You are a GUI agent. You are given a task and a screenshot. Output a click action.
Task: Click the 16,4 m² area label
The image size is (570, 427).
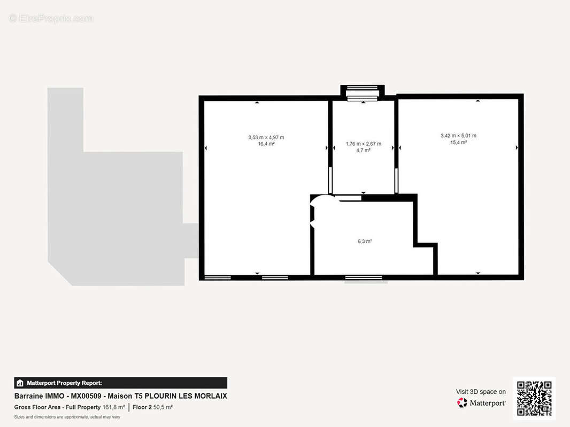tap(266, 144)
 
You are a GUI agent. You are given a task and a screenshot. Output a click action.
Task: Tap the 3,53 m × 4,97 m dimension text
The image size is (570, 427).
tap(266, 138)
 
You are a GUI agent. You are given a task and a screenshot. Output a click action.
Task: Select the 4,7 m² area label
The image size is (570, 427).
tap(363, 150)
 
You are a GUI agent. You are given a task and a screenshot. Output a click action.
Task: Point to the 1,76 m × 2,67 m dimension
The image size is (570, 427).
tap(364, 144)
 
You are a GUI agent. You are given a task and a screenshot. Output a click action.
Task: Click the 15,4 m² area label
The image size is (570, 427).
tap(458, 142)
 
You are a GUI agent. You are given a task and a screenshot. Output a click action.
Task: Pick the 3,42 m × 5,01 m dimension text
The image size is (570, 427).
tap(458, 136)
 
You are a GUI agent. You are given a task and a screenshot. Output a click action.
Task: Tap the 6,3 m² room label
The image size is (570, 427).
tap(365, 241)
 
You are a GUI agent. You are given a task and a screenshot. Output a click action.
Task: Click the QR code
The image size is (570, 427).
tap(534, 398)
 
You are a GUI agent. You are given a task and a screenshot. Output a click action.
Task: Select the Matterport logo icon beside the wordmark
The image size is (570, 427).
tap(461, 402)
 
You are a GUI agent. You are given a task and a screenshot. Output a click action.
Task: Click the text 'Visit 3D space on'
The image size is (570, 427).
tap(481, 392)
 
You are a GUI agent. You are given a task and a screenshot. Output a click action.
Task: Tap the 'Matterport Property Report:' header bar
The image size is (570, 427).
tap(121, 383)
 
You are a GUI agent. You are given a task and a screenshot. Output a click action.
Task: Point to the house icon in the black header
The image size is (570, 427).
tap(20, 383)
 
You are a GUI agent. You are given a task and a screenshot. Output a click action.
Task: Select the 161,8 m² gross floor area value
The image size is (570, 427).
tap(114, 407)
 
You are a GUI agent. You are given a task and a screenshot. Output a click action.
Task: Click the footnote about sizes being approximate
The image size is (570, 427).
tap(67, 417)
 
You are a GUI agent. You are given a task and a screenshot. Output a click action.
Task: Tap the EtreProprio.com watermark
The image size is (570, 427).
tap(51, 18)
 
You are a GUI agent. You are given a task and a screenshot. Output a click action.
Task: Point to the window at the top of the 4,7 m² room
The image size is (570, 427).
tap(363, 93)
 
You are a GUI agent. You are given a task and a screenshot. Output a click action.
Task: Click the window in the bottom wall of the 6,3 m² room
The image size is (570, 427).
tap(364, 278)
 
